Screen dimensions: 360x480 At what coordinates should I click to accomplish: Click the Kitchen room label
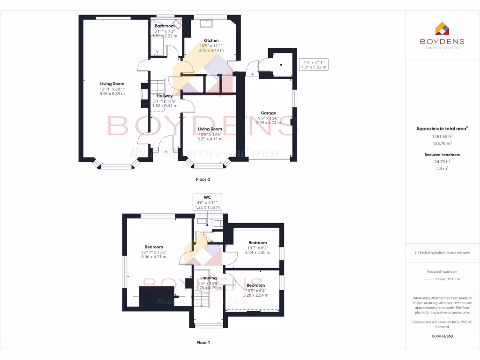point(211,40)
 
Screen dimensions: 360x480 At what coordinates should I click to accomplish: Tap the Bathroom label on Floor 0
point(165,26)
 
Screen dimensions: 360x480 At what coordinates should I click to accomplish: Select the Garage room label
point(268,113)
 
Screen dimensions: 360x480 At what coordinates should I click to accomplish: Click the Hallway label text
point(165,96)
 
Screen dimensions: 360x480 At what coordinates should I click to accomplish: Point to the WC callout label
point(207,197)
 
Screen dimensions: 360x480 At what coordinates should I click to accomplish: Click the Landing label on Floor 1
point(209,278)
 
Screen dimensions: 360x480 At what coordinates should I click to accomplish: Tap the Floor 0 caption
point(203,180)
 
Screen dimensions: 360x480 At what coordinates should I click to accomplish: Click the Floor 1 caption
point(203,343)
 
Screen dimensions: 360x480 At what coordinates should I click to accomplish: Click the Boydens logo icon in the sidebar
point(442,29)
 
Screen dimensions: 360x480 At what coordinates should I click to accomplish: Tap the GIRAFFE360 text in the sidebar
point(442,336)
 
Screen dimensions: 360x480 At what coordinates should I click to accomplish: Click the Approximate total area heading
point(441,128)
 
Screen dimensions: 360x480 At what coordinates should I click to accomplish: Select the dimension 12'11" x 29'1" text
point(112,89)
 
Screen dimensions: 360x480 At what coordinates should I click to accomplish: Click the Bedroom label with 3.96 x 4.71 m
point(154,247)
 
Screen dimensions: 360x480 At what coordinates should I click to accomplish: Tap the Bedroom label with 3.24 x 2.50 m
point(257,243)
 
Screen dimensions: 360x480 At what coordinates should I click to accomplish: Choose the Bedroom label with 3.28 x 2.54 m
point(256,285)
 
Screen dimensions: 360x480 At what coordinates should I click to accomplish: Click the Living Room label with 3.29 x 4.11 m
point(210,129)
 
